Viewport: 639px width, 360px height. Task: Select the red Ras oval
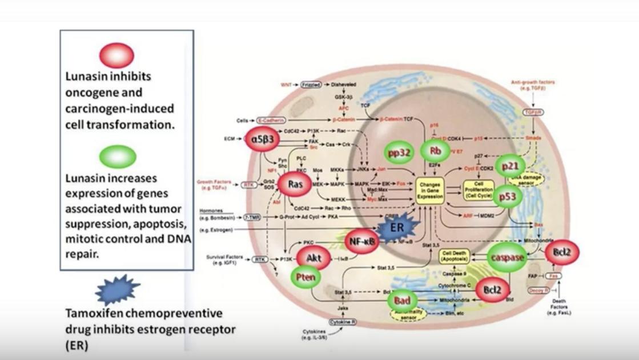tap(295, 184)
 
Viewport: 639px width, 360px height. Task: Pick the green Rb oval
tap(435, 151)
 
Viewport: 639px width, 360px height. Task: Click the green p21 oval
tap(510, 166)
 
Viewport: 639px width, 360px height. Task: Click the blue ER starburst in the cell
tap(397, 227)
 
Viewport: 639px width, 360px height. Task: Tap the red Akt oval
tap(314, 258)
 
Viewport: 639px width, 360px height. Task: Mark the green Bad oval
tap(403, 300)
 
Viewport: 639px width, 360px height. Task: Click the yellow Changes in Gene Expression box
tap(430, 191)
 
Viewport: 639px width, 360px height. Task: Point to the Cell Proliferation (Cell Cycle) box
tap(479, 190)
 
